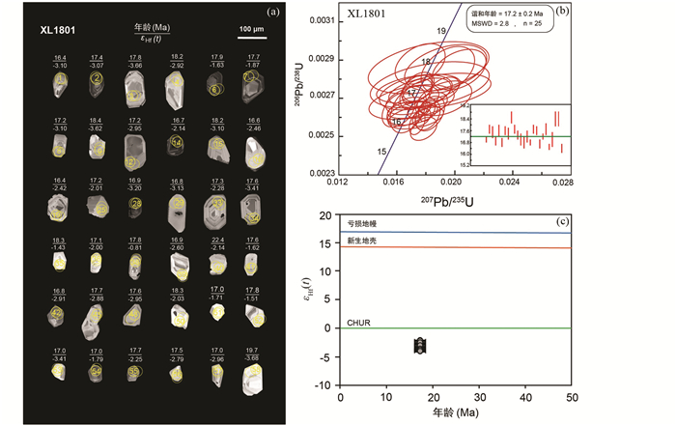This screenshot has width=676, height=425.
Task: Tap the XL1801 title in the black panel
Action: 59,30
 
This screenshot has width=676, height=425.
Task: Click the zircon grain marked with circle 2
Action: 97,80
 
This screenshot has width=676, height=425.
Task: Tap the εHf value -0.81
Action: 136,247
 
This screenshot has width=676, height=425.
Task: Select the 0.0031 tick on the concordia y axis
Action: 323,19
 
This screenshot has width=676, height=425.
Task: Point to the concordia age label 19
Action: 441,32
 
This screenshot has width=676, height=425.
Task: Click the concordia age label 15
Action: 381,152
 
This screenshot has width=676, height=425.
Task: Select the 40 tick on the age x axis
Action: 525,396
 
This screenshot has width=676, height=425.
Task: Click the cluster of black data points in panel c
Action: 419,345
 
